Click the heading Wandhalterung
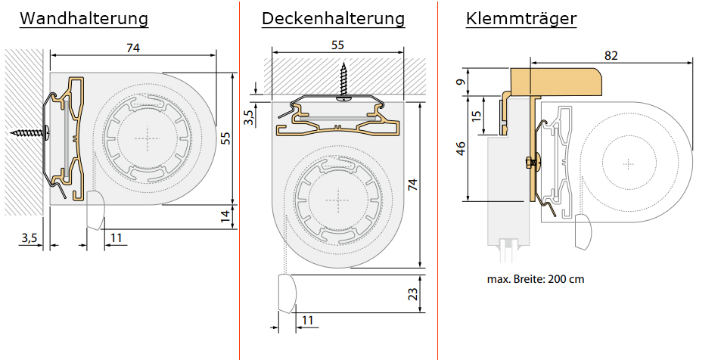[x=83, y=19]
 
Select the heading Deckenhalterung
[x=333, y=19]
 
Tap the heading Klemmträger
[x=521, y=19]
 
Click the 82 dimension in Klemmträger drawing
[x=612, y=55]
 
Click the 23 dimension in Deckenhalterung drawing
[x=413, y=294]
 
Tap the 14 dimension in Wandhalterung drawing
[x=224, y=216]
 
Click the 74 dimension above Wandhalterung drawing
[x=133, y=48]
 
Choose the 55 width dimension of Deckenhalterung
[x=337, y=45]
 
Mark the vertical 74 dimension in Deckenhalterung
[x=412, y=185]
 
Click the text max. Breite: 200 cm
[x=536, y=279]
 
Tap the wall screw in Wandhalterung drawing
[x=30, y=133]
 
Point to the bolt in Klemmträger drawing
[x=530, y=161]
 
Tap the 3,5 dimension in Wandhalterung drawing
[x=29, y=238]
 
